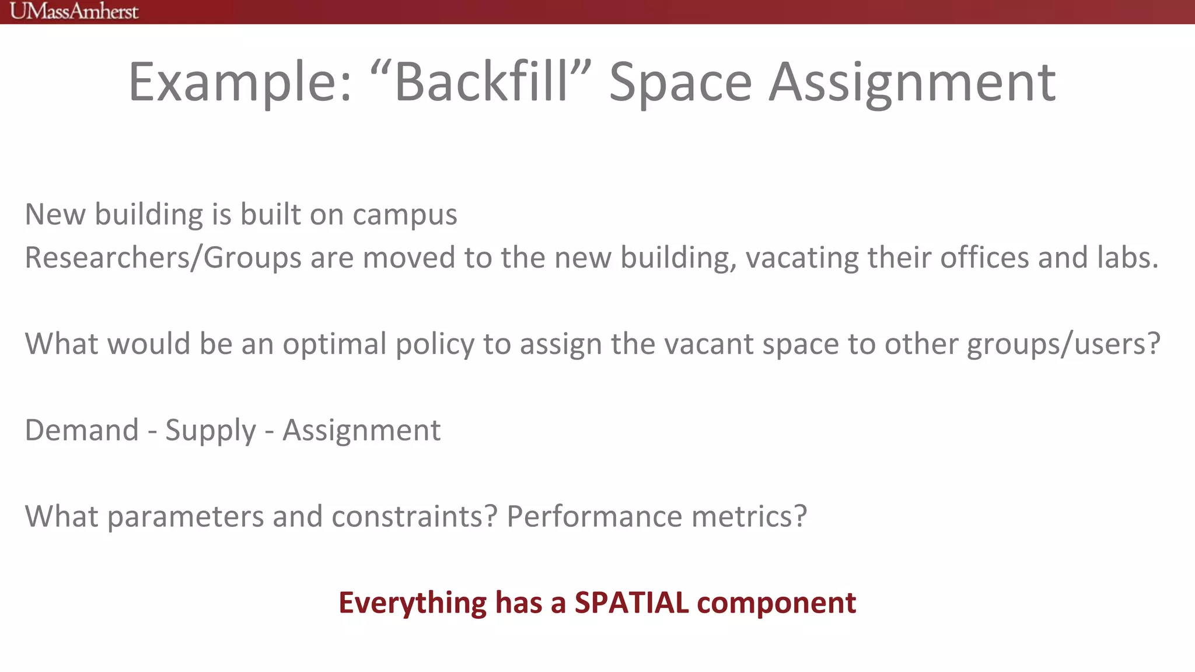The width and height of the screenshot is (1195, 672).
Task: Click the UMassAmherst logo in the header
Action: (74, 11)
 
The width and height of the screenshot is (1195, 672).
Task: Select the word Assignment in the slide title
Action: (911, 83)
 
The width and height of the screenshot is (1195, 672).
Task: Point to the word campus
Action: (404, 215)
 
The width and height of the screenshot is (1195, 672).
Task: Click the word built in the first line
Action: (270, 213)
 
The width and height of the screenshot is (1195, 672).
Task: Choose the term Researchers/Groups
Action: (163, 258)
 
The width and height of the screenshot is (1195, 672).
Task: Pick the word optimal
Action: (334, 344)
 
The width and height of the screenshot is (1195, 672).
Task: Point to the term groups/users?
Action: (1063, 344)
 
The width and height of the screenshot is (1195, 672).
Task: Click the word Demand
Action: (82, 430)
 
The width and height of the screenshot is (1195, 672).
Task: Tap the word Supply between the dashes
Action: (211, 431)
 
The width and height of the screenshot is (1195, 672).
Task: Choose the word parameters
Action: (185, 517)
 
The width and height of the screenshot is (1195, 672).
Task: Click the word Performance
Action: (594, 516)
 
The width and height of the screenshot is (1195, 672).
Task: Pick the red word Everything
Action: (412, 603)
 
